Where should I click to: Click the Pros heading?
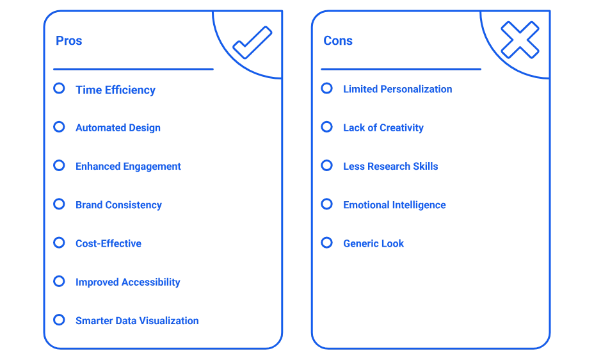[68, 40]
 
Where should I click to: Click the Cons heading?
[338, 40]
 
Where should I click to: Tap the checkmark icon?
[252, 42]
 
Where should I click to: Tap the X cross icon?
[520, 40]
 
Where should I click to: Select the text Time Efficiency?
[116, 90]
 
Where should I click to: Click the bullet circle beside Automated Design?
[59, 127]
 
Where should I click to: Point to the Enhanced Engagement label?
[128, 167]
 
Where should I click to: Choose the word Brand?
[89, 204]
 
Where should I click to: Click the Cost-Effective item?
[108, 243]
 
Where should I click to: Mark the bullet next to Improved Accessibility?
[59, 281]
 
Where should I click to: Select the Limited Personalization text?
[397, 89]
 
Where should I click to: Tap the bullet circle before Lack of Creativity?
[326, 127]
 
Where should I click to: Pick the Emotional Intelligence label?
[394, 205]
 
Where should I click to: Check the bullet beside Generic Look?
[326, 243]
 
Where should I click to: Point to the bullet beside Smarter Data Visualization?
[59, 320]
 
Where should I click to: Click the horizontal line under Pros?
[133, 69]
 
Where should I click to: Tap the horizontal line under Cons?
[401, 69]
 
